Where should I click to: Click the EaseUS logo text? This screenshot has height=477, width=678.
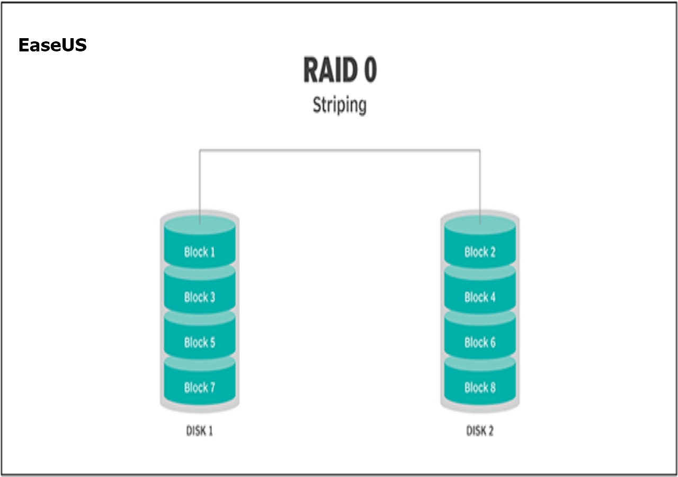click(52, 46)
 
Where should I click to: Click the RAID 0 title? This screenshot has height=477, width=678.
click(340, 70)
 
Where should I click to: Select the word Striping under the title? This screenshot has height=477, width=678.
click(340, 105)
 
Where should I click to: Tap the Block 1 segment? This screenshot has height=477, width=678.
click(200, 252)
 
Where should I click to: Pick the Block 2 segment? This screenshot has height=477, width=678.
click(480, 252)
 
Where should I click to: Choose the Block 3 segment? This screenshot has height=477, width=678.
click(200, 297)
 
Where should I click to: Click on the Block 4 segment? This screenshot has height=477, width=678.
click(480, 297)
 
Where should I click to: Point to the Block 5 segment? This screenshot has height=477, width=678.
click(200, 342)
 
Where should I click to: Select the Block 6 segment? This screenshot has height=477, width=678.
click(480, 342)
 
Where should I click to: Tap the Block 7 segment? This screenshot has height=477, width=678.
click(200, 387)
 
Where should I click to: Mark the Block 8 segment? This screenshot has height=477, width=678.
click(480, 387)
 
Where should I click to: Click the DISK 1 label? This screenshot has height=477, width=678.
click(200, 431)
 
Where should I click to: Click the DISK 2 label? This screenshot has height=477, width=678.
click(480, 431)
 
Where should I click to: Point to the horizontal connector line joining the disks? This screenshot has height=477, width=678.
click(340, 150)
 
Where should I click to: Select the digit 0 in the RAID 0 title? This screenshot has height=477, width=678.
click(368, 70)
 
